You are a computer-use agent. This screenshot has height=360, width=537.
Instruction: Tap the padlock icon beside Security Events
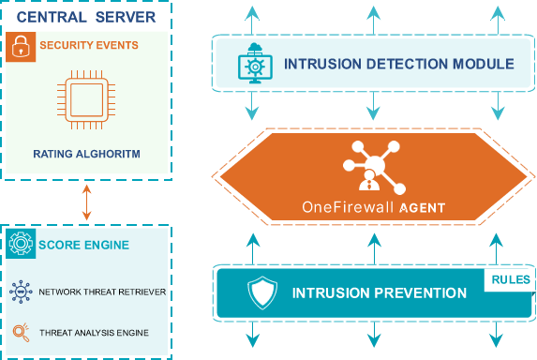[20, 47]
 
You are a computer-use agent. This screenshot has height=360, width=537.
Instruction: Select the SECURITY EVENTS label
[89, 45]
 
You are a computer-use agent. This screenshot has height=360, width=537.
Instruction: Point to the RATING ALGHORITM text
[86, 153]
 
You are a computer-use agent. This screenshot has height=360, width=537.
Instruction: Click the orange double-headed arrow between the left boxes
[86, 202]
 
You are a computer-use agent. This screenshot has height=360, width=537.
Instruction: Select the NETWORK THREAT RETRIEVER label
[102, 292]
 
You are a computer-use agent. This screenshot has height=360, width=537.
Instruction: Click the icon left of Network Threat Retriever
[20, 292]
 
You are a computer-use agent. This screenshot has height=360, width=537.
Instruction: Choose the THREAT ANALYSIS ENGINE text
[94, 332]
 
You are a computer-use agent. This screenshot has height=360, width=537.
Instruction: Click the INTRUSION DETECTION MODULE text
[398, 64]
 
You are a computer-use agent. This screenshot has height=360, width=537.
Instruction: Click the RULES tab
[509, 279]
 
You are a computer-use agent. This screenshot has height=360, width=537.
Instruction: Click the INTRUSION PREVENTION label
[380, 293]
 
